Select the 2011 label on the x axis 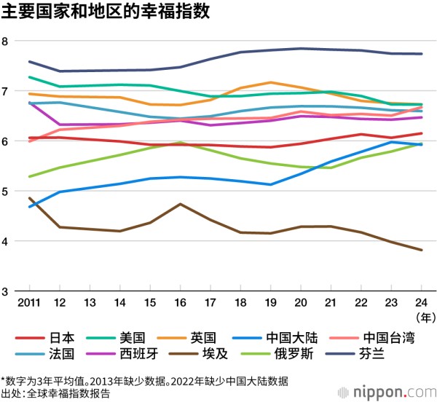[x=29, y=303]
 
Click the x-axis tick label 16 [x=179, y=303]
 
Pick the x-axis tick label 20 [x=299, y=303]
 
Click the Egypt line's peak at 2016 [x=179, y=204]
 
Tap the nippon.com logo [x=397, y=390]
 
